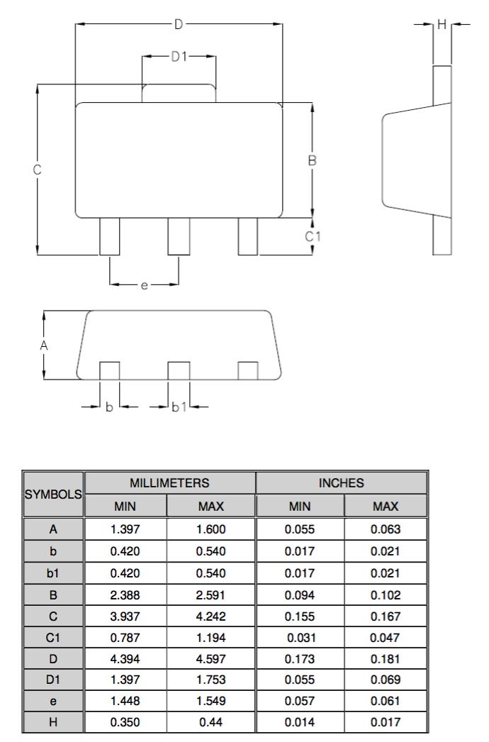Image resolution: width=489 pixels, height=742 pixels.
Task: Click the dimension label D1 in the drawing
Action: pos(179,56)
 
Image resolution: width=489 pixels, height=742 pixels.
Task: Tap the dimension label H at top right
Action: pos(442,25)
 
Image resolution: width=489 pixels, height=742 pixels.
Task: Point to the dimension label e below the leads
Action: pos(144,285)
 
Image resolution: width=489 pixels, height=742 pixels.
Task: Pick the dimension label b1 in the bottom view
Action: pos(179,407)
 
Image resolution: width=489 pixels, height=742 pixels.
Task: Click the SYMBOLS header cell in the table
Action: pos(53,494)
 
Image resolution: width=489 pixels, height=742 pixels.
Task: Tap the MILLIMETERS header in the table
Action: pos(169,483)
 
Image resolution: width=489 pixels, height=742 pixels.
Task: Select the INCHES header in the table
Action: pos(342,483)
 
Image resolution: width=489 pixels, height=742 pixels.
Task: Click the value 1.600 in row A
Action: pos(211,529)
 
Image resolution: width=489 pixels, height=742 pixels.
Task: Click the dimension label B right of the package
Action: pos(312,161)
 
